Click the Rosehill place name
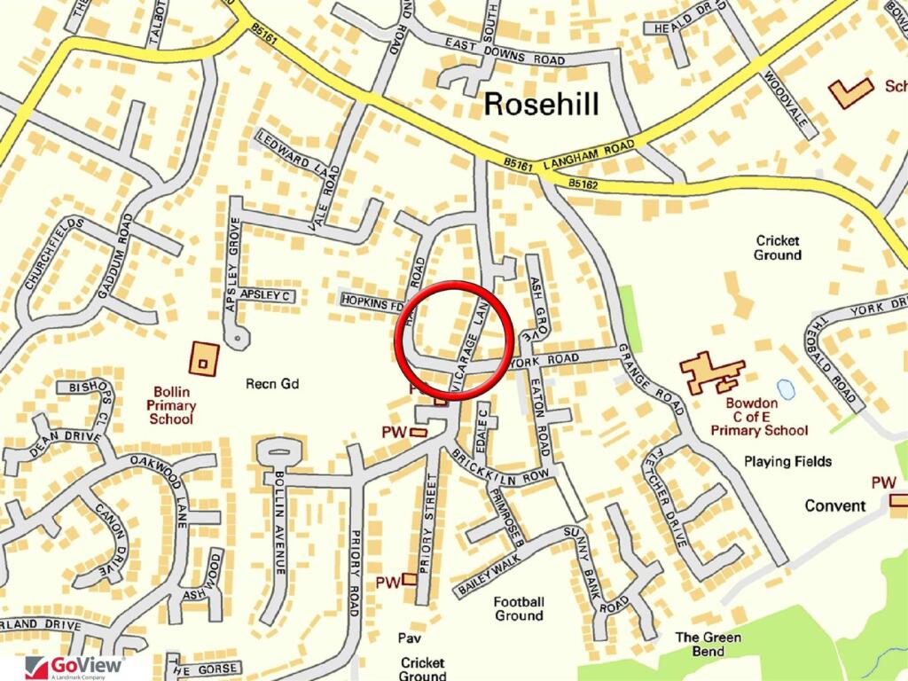(x=541, y=105)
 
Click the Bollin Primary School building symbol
(x=204, y=358)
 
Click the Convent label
(x=834, y=505)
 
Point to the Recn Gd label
(x=273, y=384)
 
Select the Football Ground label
(x=520, y=608)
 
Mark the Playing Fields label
(x=787, y=461)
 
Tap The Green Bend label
(x=708, y=644)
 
